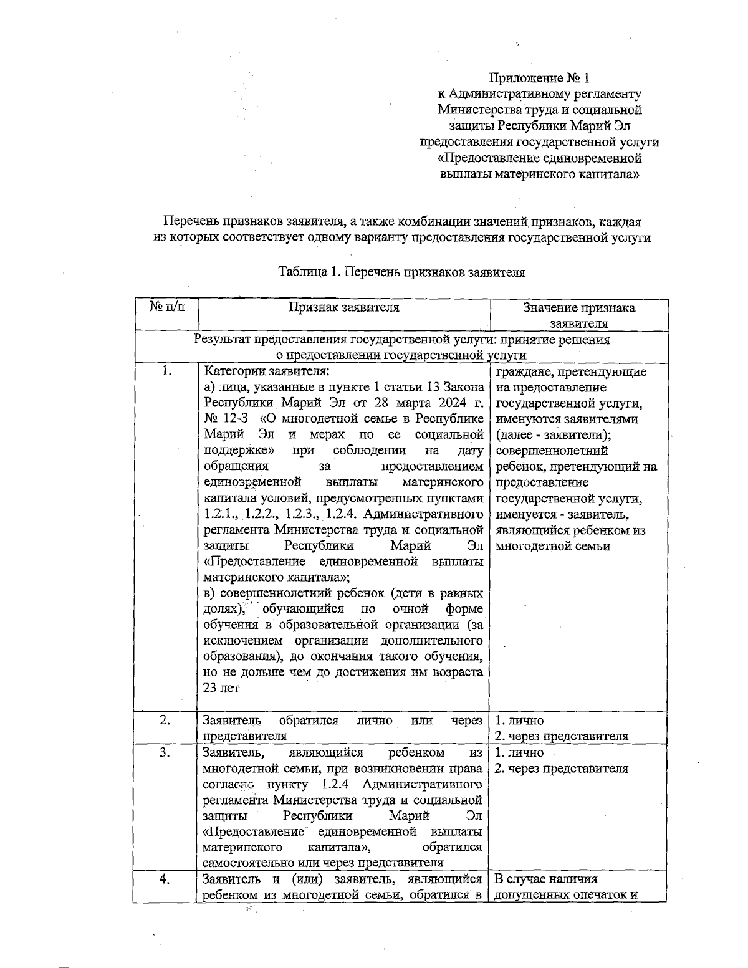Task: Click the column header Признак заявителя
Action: coord(343,307)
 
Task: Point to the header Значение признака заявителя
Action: coord(578,315)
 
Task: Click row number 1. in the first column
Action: coord(166,371)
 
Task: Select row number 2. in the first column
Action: coord(165,721)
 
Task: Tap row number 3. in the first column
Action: coord(165,752)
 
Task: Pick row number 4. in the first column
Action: coord(165,879)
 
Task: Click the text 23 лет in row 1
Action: coord(221,688)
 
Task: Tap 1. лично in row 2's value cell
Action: coord(519,721)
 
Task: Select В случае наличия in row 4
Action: coord(545,879)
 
